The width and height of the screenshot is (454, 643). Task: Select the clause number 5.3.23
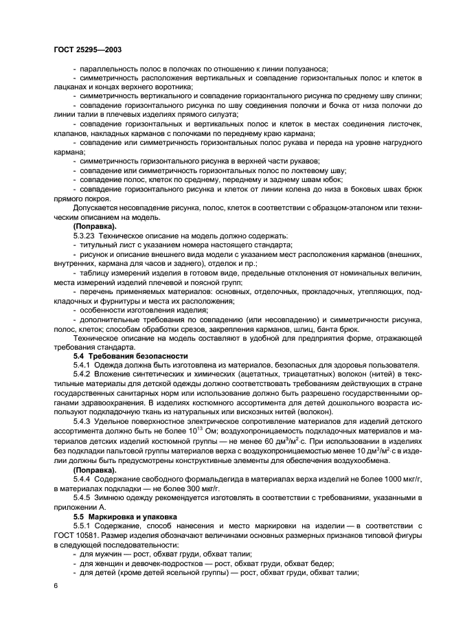coord(85,235)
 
